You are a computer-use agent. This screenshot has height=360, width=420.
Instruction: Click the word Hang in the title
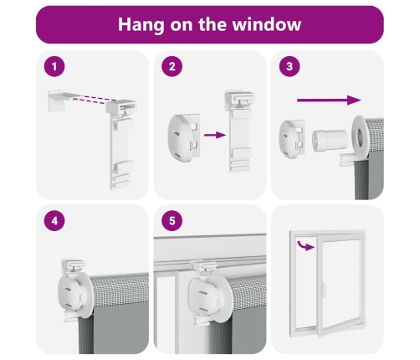point(141,25)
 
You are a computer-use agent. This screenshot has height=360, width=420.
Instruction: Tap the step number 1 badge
point(54,66)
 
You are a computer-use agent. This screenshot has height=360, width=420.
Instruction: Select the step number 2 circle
point(172,66)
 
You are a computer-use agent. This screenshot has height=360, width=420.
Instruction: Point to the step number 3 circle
point(289,66)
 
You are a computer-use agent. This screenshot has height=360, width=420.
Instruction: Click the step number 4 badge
point(54,221)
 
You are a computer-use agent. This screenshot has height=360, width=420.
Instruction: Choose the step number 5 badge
point(172,221)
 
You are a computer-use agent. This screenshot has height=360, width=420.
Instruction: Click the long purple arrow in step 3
point(329,100)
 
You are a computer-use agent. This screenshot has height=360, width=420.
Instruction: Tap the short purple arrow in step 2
point(215,136)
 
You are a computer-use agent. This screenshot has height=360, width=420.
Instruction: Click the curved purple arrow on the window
point(305,245)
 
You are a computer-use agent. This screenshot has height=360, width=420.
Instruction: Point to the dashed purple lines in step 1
point(94,100)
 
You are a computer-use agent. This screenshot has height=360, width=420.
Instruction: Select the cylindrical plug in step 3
point(330,141)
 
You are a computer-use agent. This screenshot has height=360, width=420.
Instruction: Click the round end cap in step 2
point(183,138)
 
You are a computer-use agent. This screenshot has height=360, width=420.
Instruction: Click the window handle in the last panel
point(324,291)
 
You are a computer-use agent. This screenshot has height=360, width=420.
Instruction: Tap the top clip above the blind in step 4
point(73,266)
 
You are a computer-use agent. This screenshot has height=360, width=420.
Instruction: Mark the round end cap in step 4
point(69,295)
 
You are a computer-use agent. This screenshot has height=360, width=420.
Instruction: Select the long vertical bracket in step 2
point(240,131)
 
